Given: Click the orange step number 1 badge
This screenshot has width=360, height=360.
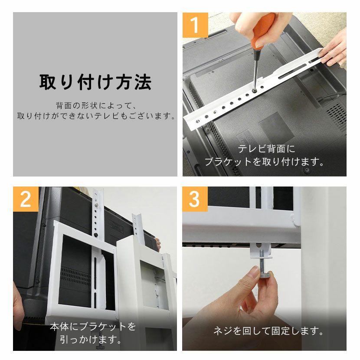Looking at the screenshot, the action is tap(195, 25).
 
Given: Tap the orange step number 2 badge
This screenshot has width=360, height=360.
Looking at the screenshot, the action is tap(26, 199).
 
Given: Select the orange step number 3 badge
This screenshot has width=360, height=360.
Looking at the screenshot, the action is tap(195, 199).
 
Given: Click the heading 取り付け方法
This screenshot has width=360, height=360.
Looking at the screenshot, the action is tap(95, 82).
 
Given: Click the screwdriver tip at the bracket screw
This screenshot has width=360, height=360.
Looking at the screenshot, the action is tap(254, 90).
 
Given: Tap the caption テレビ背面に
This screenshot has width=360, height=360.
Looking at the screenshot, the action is tap(266, 149).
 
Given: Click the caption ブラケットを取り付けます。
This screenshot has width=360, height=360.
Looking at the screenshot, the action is tap(265, 162).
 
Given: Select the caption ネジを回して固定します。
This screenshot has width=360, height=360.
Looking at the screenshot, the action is tap(268, 331).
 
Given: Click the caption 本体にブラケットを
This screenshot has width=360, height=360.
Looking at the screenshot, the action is tap(93, 327).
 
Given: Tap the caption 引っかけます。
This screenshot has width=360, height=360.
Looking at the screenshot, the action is tap(91, 339).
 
